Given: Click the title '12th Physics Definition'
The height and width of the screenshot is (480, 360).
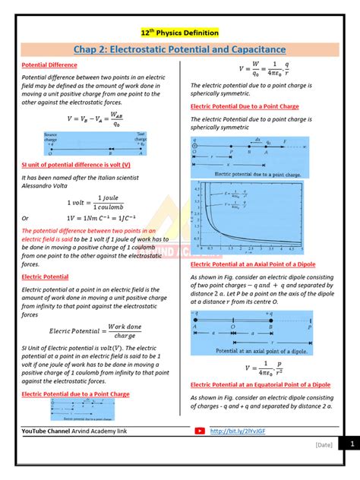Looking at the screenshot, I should click(180, 33).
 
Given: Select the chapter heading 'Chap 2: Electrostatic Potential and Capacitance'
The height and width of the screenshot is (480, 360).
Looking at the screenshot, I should click(179, 50).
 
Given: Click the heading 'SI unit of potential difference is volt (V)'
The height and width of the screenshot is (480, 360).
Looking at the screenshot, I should click(76, 165).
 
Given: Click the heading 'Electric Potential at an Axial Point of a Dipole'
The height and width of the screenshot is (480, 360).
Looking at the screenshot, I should click(261, 264).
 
